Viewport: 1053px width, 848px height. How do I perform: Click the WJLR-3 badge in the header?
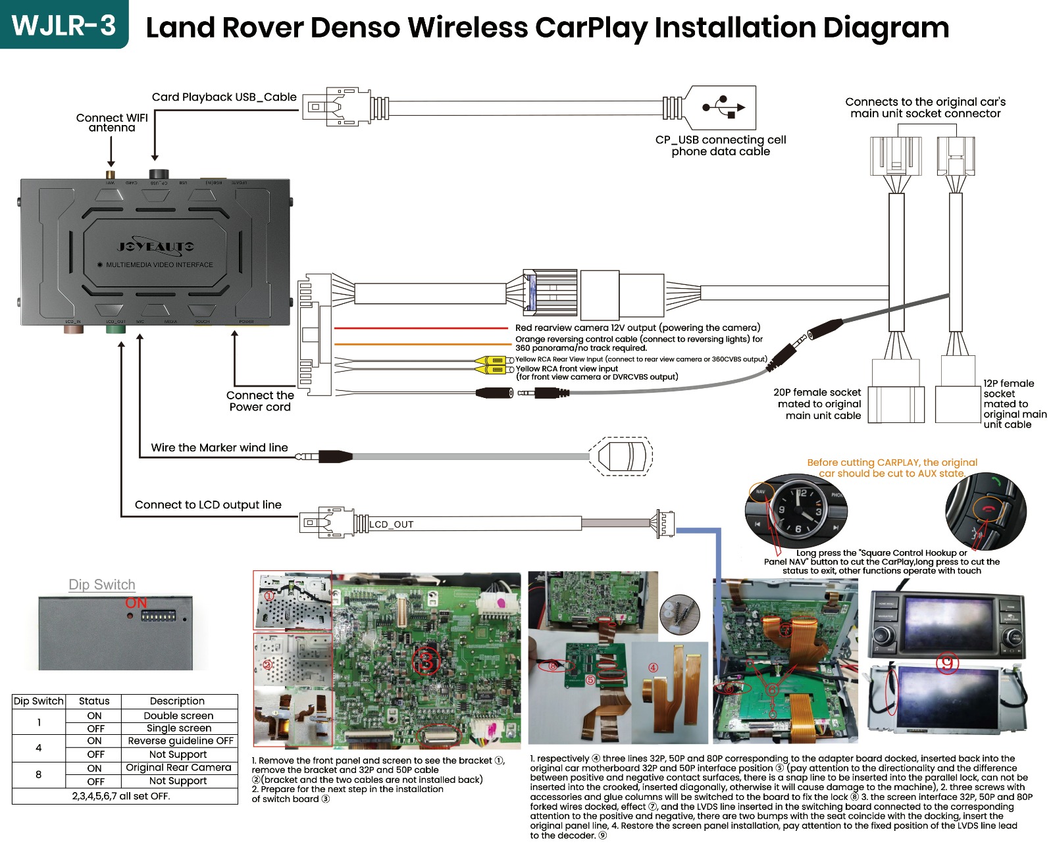(64, 25)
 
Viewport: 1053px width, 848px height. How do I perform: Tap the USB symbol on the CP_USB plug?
(723, 107)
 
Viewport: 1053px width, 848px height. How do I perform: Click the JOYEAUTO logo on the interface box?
(156, 247)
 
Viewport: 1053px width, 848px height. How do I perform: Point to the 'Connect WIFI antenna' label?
(112, 122)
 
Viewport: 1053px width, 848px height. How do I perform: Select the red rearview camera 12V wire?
(421, 328)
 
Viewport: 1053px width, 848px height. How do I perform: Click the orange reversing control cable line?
(421, 343)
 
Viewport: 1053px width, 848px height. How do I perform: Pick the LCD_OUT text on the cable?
(392, 524)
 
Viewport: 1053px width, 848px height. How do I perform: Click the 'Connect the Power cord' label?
(260, 401)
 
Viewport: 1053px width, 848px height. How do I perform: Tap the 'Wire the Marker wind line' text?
(219, 447)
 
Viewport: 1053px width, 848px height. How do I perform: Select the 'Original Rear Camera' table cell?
(178, 768)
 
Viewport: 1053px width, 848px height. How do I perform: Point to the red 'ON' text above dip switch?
(136, 603)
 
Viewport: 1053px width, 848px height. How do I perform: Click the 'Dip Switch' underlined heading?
(102, 585)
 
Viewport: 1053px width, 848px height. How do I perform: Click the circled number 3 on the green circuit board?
(426, 661)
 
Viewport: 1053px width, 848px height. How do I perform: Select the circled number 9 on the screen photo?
(946, 662)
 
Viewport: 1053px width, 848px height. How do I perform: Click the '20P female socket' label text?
(817, 393)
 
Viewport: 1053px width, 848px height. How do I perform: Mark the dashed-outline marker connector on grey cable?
(621, 455)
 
